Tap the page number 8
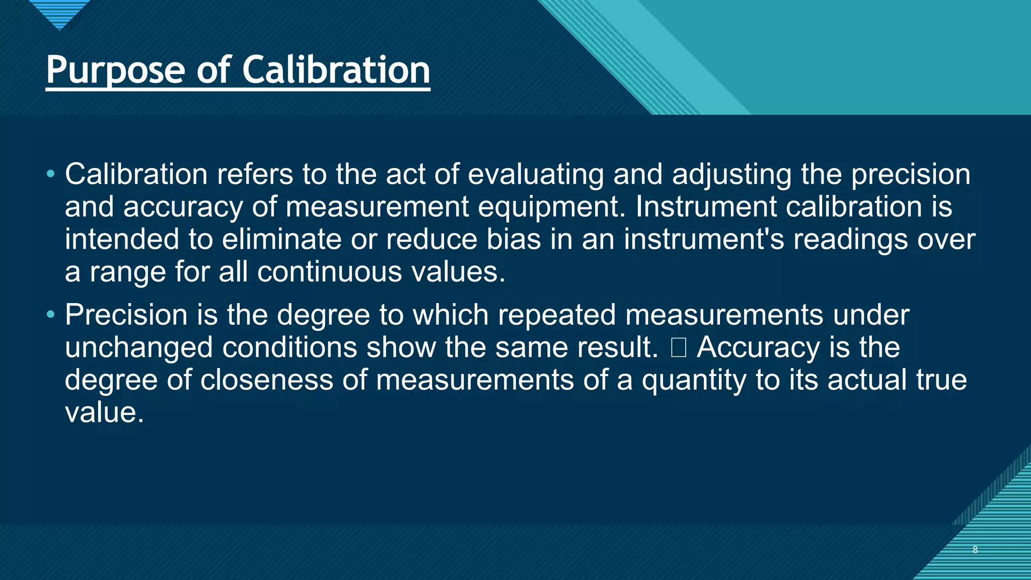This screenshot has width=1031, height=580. (x=975, y=550)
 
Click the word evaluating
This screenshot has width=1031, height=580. (x=536, y=175)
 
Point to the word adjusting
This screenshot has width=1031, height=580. (x=731, y=175)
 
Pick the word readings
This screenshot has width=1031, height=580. (x=851, y=240)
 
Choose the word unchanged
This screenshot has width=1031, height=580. (x=138, y=348)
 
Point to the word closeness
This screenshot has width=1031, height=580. (x=267, y=380)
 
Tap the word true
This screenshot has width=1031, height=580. (x=941, y=380)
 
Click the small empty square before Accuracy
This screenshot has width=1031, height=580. (x=679, y=348)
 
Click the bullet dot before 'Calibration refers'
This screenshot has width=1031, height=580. (x=50, y=174)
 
